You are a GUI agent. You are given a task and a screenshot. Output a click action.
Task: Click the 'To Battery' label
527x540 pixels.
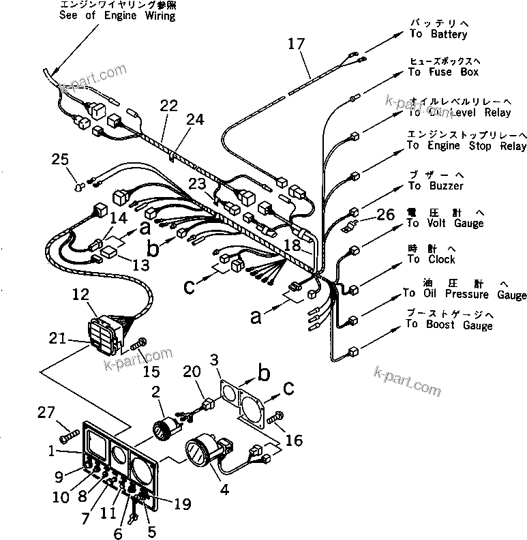tap(438, 33)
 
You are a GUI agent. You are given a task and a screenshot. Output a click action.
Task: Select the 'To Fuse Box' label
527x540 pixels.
tap(443, 72)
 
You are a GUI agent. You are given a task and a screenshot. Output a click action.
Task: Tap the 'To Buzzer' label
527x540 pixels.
tap(436, 185)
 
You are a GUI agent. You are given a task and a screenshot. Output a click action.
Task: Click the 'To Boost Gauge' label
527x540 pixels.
tap(449, 325)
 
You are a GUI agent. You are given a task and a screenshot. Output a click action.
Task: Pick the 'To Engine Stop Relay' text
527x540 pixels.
tap(466, 146)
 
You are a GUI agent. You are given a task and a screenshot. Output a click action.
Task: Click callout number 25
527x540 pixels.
tap(61, 160)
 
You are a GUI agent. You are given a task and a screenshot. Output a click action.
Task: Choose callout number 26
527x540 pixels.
tap(385, 215)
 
